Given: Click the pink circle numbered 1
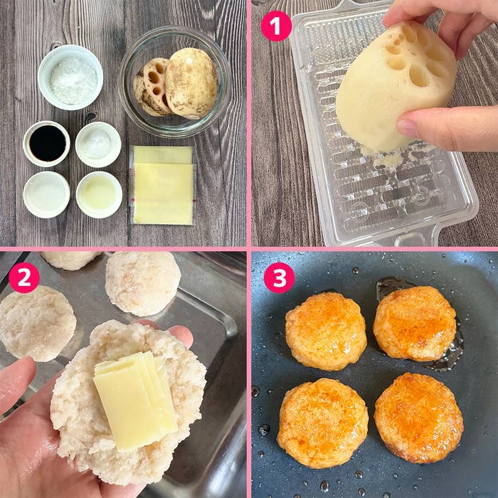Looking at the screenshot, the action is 276,26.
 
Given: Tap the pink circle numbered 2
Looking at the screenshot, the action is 24,277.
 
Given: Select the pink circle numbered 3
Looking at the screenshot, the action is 279,277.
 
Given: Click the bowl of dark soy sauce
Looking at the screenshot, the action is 47,144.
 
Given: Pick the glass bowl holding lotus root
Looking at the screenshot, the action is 175,82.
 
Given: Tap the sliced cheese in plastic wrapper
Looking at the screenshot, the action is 163,186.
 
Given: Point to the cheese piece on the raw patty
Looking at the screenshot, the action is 135,401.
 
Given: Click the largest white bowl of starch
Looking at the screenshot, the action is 70,78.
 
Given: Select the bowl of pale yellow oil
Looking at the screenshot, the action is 99,195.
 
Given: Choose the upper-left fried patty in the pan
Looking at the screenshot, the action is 326,332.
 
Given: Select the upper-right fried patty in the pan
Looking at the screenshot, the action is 415,323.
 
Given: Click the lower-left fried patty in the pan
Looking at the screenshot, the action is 323,423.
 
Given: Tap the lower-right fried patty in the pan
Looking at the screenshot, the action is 418,418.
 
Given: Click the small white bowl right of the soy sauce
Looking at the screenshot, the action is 98,144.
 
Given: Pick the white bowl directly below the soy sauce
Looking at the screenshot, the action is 46,195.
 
